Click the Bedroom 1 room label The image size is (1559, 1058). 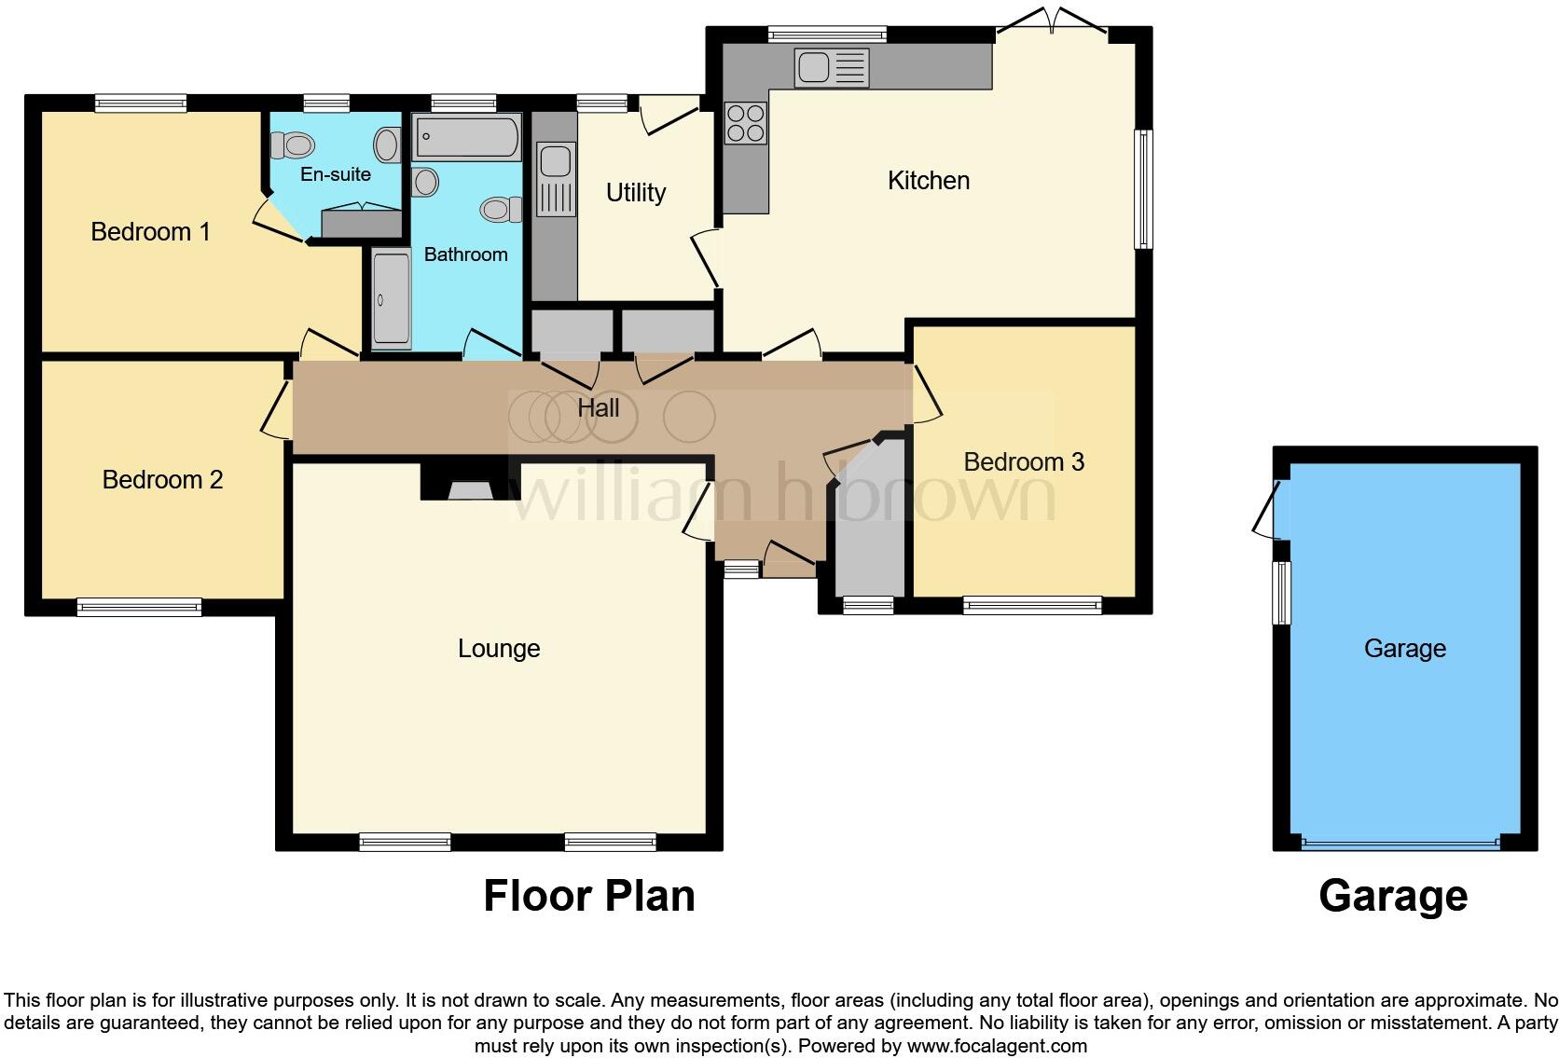pyautogui.click(x=150, y=231)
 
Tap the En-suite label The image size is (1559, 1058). pyautogui.click(x=335, y=174)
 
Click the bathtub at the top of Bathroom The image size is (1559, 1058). pyautogui.click(x=466, y=139)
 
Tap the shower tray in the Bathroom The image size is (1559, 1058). pyautogui.click(x=391, y=297)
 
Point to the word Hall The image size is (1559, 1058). pyautogui.click(x=598, y=408)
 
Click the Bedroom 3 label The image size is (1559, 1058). pyautogui.click(x=1024, y=461)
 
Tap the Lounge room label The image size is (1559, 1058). pyautogui.click(x=499, y=648)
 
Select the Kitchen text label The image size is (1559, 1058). pyautogui.click(x=928, y=180)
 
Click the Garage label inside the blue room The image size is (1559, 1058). pyautogui.click(x=1404, y=648)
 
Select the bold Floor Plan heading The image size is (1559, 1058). pyautogui.click(x=588, y=896)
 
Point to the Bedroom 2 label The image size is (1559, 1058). pyautogui.click(x=162, y=479)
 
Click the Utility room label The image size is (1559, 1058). pyautogui.click(x=636, y=192)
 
